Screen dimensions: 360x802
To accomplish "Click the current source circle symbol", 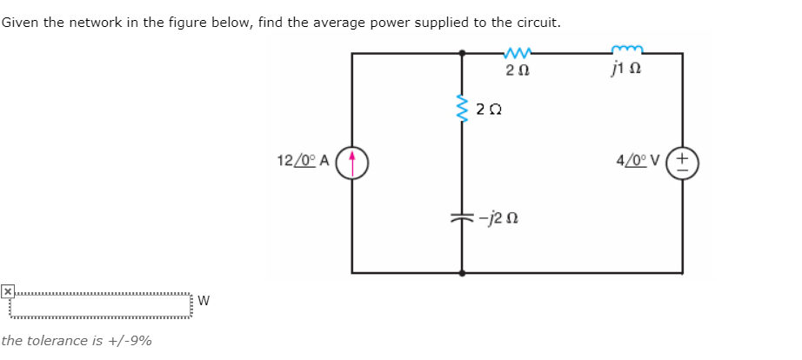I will point(352,161).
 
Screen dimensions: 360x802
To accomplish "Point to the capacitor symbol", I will point(461,217).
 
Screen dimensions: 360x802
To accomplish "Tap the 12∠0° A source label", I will point(302,161).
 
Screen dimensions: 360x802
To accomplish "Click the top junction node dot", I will point(461,54).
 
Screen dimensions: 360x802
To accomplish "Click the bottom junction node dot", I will point(461,272).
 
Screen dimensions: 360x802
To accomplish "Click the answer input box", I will point(100,306).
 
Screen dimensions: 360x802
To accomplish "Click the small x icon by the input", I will point(7,290).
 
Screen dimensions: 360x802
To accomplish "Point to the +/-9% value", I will point(131,341).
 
